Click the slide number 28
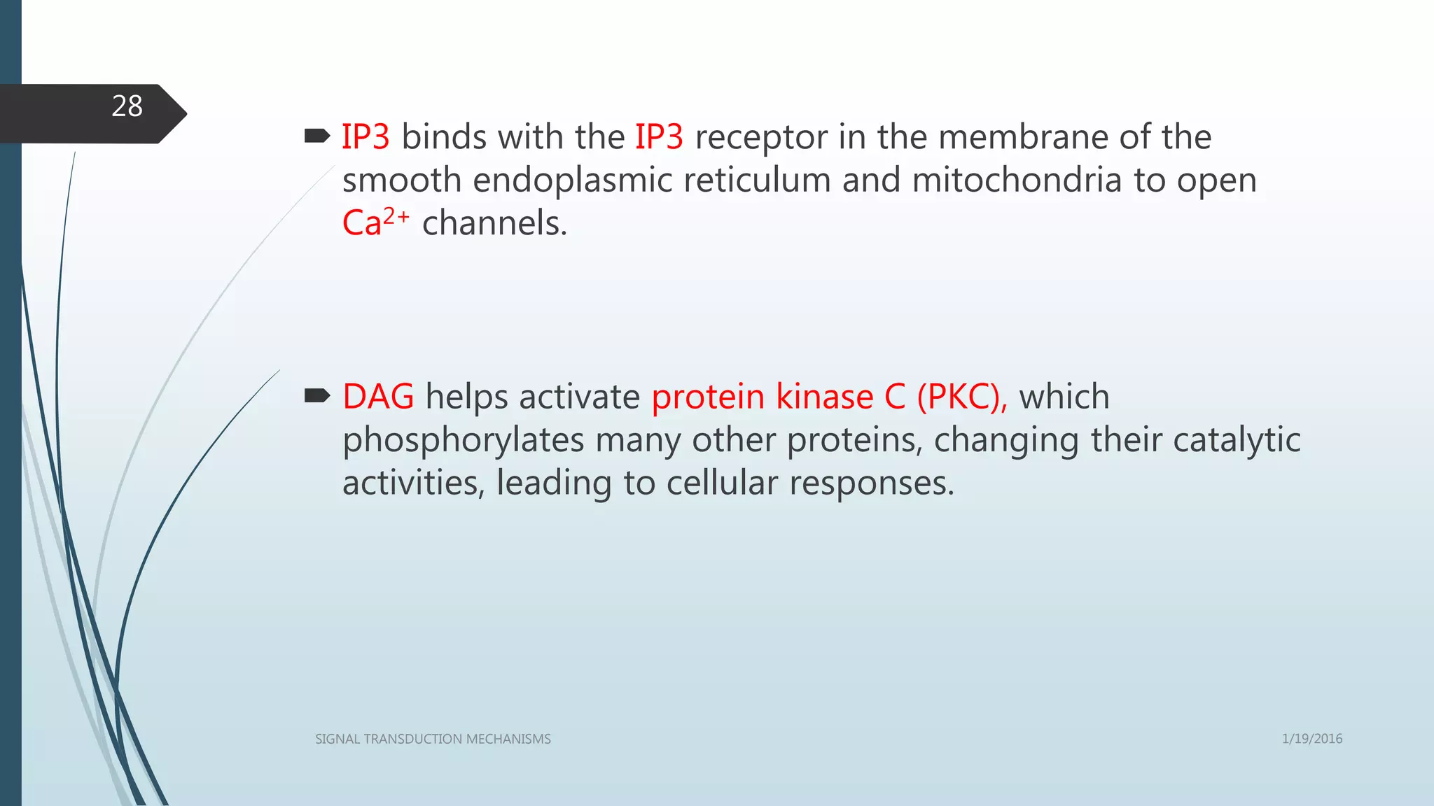click(x=127, y=107)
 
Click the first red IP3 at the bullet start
click(x=365, y=137)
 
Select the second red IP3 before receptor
click(x=658, y=137)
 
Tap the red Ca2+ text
click(x=375, y=222)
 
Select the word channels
click(x=494, y=224)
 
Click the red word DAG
click(x=378, y=397)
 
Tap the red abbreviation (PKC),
click(x=961, y=397)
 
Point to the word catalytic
click(x=1236, y=441)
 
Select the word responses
click(x=871, y=483)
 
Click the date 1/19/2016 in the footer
click(x=1311, y=739)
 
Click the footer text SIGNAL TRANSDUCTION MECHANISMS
click(x=433, y=739)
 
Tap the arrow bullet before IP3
click(x=317, y=136)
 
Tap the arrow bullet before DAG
click(x=317, y=397)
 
